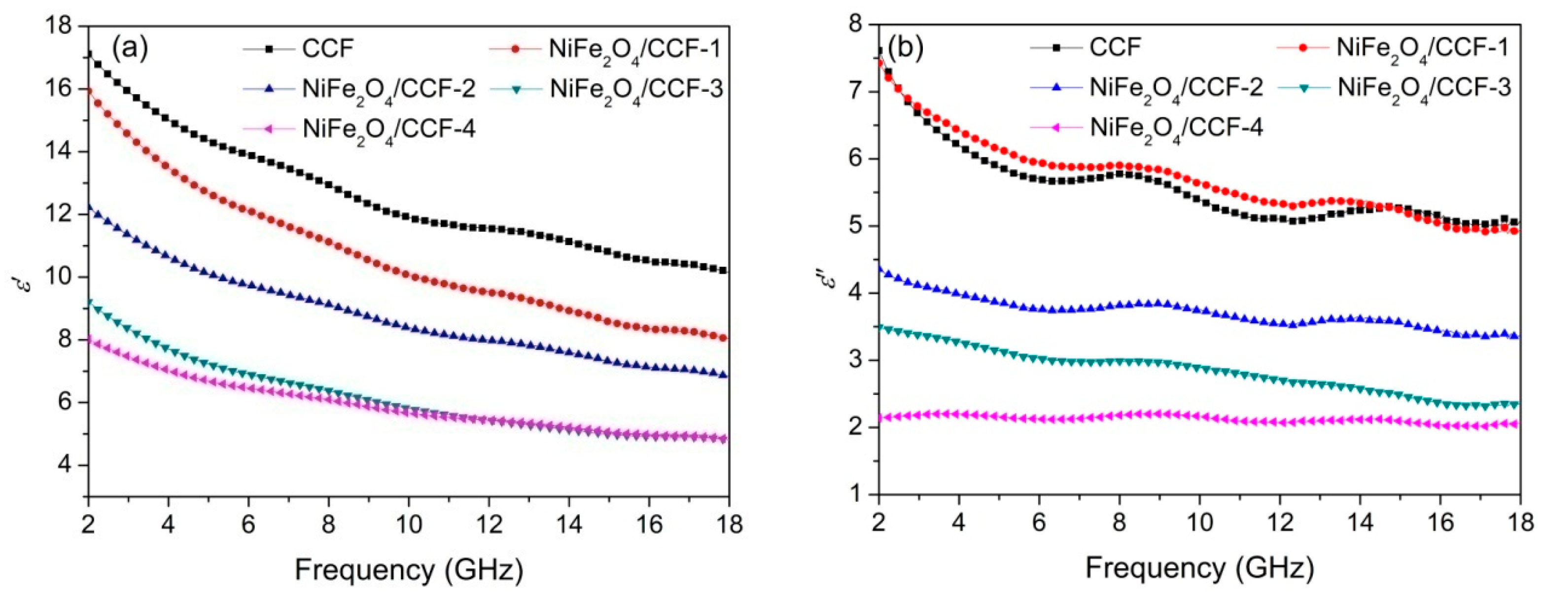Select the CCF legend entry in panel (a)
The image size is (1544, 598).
[327, 48]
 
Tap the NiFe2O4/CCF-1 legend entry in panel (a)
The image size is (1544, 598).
[634, 48]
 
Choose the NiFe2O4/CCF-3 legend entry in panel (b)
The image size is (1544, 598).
[1424, 87]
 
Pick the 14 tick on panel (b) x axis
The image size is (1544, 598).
[1360, 523]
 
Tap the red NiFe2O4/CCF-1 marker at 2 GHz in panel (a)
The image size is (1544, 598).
[89, 91]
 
